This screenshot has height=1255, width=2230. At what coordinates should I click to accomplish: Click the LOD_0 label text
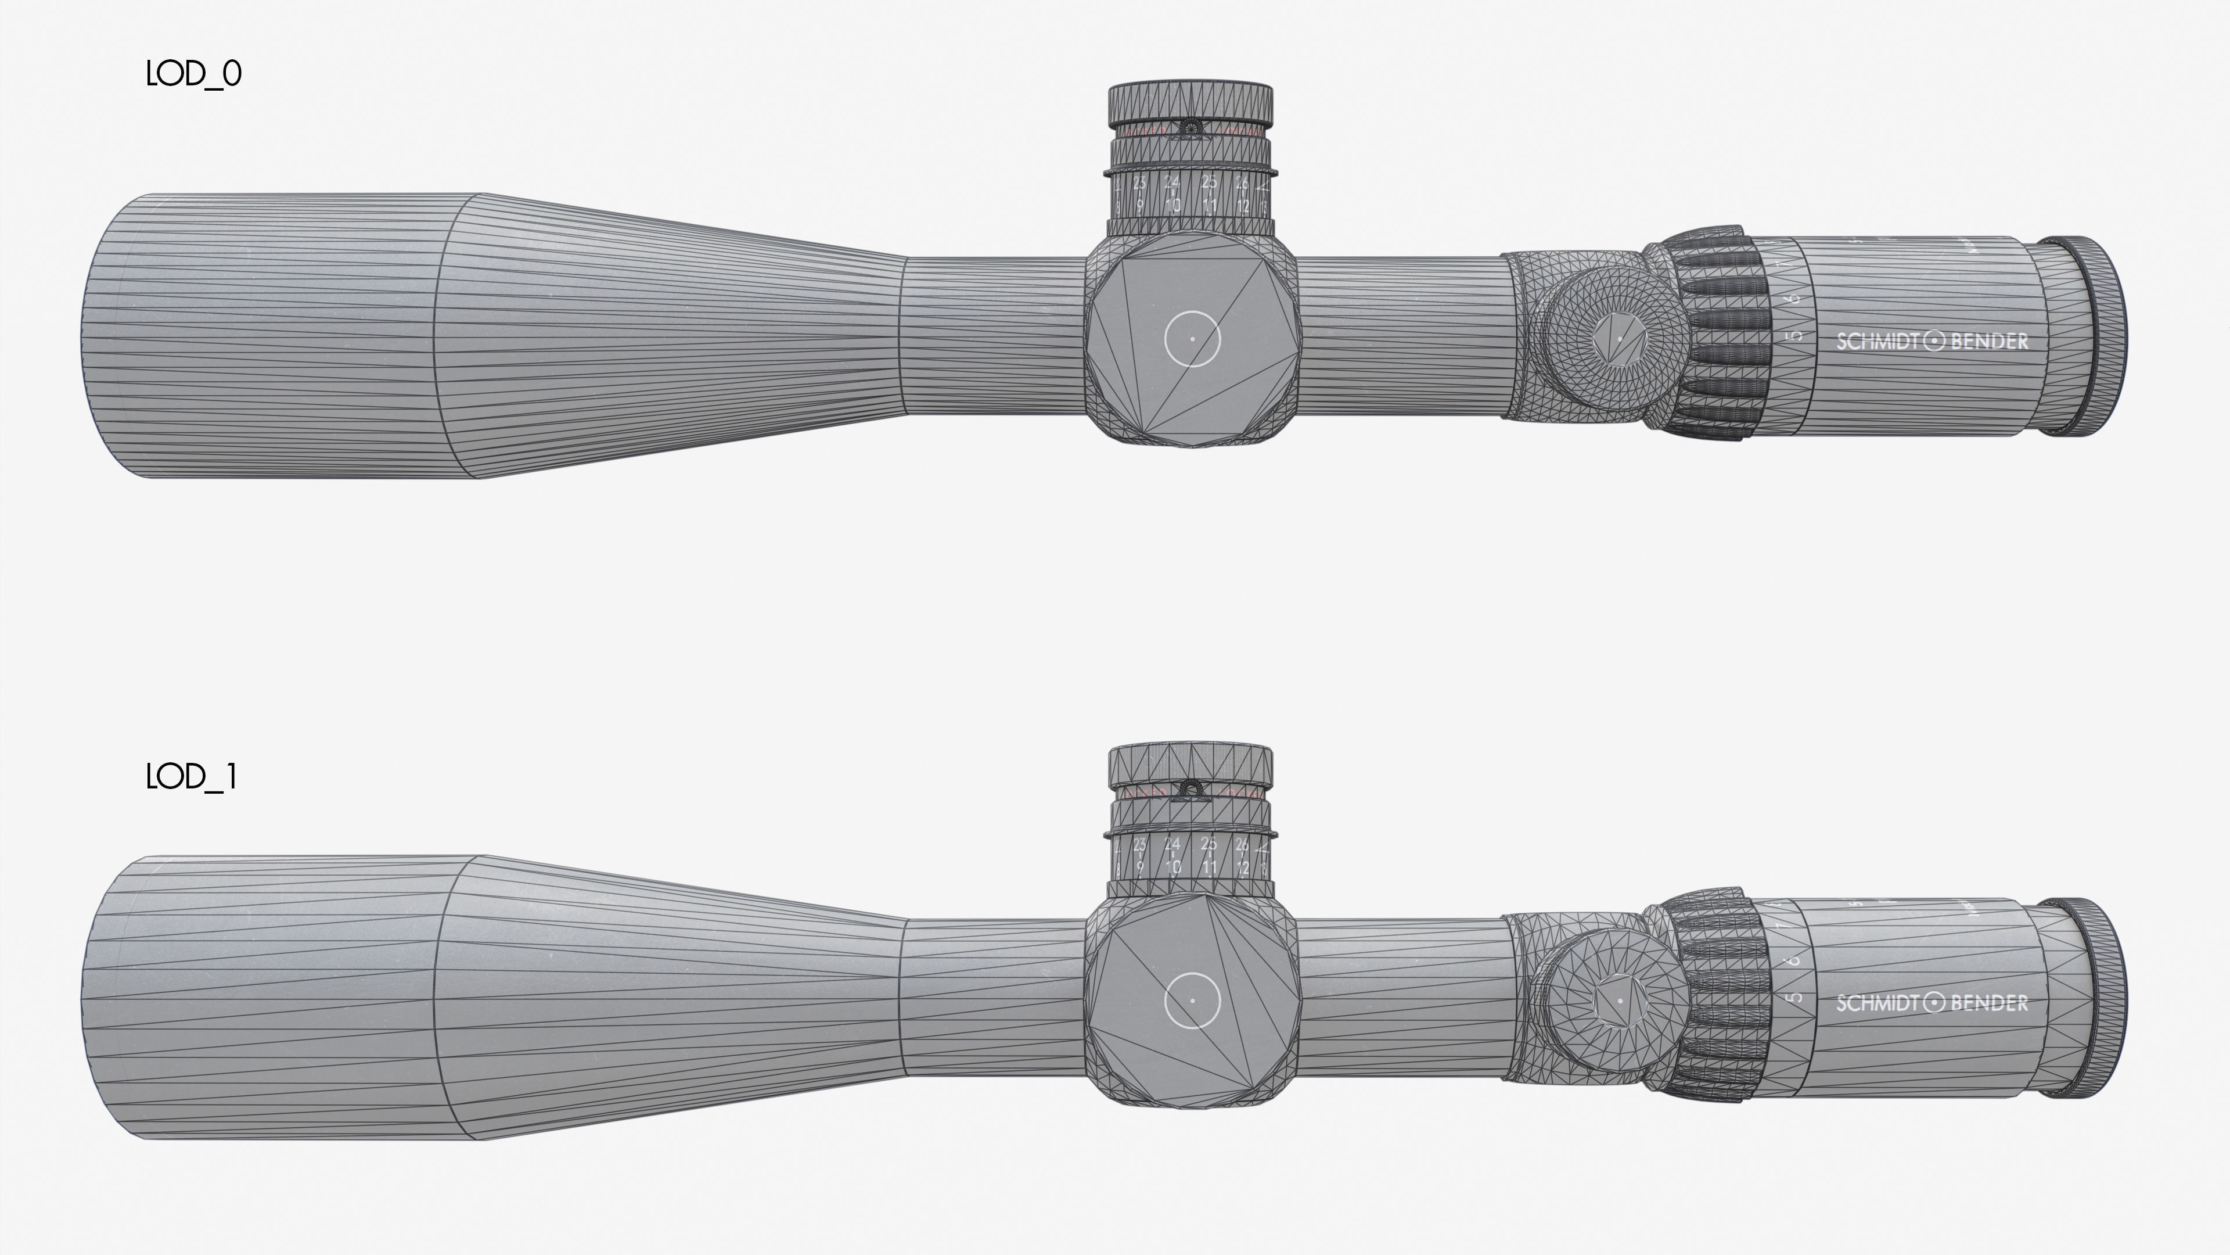tap(193, 74)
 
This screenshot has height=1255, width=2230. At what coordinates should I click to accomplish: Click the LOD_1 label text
tap(190, 777)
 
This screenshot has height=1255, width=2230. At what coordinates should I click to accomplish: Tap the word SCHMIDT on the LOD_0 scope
tap(1874, 341)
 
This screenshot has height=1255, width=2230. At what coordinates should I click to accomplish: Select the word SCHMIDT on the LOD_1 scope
tap(1874, 1003)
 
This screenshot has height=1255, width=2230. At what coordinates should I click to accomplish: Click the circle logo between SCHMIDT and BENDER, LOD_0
tap(1934, 341)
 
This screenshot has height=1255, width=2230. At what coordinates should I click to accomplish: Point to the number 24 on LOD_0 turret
tap(1171, 183)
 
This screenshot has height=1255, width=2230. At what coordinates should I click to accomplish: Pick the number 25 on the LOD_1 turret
tap(1208, 844)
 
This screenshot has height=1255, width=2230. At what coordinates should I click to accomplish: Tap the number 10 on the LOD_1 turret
tap(1173, 866)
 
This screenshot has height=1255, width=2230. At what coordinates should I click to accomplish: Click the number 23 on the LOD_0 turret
tap(1139, 184)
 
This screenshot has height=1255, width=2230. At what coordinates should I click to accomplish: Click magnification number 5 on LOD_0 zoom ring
tap(1796, 336)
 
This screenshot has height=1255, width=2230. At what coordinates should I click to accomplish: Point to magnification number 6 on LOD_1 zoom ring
tap(1794, 960)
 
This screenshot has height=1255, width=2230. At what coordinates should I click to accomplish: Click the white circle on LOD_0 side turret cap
tap(1192, 339)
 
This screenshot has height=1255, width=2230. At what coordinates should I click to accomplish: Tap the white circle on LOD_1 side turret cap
tap(1192, 999)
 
